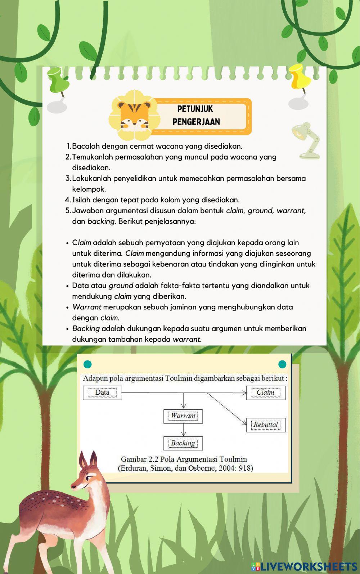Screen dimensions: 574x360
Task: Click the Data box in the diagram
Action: click(102, 393)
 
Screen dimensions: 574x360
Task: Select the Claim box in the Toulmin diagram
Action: click(265, 393)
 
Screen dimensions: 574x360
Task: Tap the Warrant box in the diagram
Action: click(183, 416)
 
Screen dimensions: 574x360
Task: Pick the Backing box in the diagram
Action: click(183, 443)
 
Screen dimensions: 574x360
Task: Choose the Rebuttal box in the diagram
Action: click(266, 425)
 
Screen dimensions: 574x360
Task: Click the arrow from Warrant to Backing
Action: click(184, 430)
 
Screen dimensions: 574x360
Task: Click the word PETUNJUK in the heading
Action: click(195, 109)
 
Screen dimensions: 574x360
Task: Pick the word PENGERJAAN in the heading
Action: click(196, 122)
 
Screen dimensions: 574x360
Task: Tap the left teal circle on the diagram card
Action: click(87, 364)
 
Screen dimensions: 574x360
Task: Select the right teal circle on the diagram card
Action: click(283, 364)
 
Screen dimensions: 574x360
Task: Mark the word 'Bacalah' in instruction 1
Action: click(86, 146)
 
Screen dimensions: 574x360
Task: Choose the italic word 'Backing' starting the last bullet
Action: click(86, 328)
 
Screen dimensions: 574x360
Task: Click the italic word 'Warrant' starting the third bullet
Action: click(86, 307)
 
